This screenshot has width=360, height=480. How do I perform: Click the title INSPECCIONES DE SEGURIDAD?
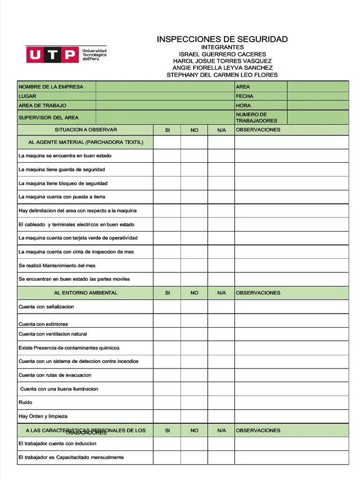(x=222, y=39)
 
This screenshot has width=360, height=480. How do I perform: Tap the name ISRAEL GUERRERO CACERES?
(x=222, y=54)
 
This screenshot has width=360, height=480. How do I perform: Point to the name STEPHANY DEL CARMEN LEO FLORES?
(x=222, y=75)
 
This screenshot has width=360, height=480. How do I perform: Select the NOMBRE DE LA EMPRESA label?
(x=51, y=87)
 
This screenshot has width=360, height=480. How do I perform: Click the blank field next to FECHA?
(x=318, y=96)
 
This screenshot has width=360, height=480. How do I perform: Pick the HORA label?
(x=243, y=105)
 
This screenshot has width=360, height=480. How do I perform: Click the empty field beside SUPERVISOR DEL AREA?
(x=165, y=118)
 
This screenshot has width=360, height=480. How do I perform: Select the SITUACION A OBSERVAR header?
(x=86, y=130)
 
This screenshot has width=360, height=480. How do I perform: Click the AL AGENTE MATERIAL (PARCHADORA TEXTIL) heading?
(x=86, y=142)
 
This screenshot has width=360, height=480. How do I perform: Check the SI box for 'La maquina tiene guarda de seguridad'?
(x=167, y=170)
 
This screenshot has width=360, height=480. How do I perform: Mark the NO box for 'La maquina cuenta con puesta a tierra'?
(x=194, y=197)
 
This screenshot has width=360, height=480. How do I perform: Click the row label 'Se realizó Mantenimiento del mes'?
(x=57, y=265)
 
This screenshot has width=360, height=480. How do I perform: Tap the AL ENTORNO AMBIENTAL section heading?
(x=86, y=293)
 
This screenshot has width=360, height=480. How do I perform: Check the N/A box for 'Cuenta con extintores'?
(x=221, y=321)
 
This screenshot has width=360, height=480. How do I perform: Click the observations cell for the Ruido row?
(x=292, y=403)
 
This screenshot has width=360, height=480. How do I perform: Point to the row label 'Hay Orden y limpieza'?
(x=43, y=416)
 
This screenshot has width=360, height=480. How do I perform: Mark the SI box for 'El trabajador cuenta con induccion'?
(x=167, y=444)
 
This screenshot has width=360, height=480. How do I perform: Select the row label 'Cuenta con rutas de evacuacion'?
(x=55, y=375)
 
